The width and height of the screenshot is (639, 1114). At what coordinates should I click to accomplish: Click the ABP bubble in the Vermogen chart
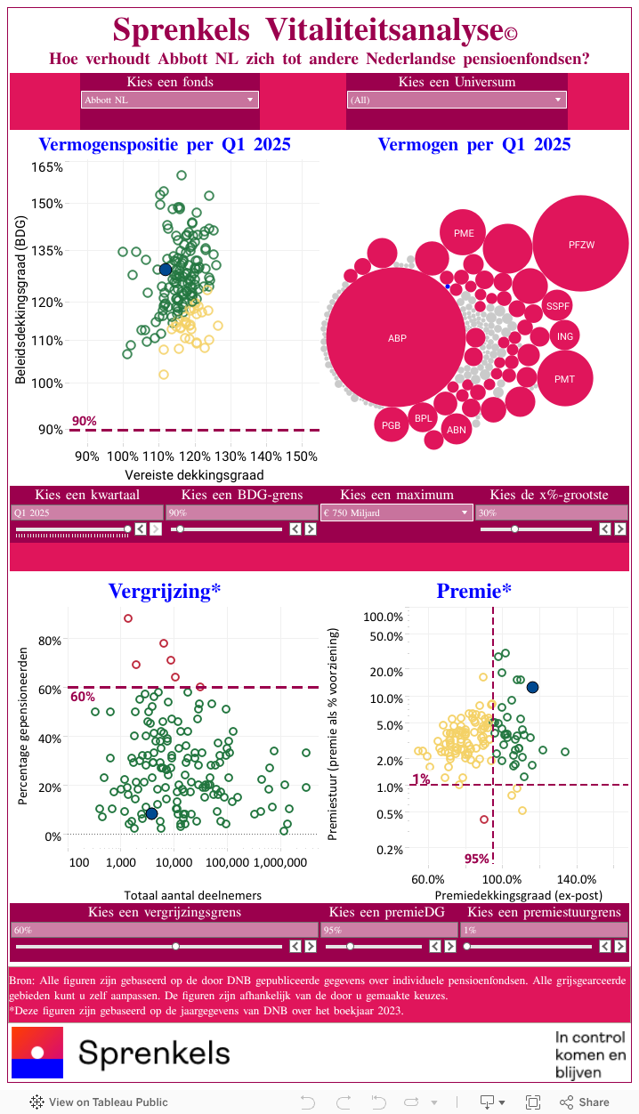tap(397, 338)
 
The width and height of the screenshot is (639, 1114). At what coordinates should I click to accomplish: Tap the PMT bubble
tap(564, 379)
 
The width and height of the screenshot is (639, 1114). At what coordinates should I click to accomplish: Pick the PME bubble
tap(464, 234)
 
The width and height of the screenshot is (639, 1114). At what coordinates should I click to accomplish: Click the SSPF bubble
tap(558, 306)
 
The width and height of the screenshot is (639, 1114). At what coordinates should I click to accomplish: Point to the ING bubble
tap(565, 336)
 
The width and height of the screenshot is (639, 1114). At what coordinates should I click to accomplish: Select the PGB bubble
tap(392, 425)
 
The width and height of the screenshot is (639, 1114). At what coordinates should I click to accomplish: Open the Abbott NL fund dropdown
tap(170, 100)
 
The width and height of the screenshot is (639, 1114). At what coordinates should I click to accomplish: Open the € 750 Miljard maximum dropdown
tap(396, 513)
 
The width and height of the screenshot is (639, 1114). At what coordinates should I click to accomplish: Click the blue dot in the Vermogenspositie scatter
tap(166, 270)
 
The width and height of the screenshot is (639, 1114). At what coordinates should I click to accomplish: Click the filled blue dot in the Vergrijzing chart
tap(151, 813)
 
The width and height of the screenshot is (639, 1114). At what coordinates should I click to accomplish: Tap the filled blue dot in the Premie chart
tap(532, 687)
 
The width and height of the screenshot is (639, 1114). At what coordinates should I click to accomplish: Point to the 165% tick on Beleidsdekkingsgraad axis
tap(47, 167)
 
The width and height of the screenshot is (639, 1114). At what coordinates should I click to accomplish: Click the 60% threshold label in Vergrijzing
tap(82, 697)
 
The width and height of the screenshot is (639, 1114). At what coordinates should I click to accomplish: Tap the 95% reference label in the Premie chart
tap(477, 859)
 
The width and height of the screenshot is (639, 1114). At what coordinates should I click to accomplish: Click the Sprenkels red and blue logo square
tap(37, 1053)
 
